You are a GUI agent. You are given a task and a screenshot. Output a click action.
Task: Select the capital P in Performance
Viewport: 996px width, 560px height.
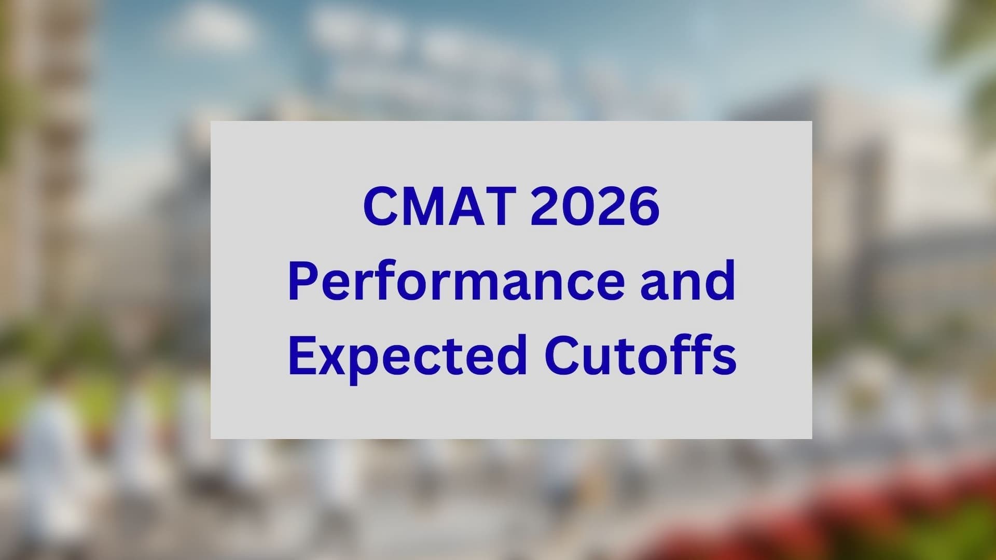pos(303,281)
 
